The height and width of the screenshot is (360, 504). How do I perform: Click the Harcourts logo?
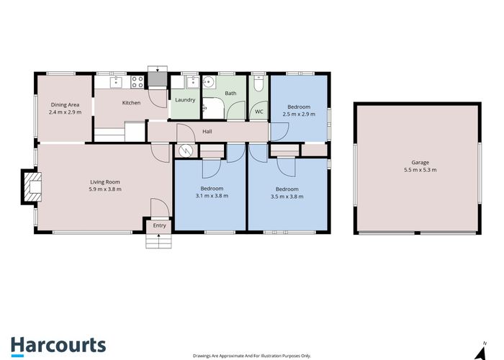tap(58, 345)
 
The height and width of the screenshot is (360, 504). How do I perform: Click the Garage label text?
tap(420, 163)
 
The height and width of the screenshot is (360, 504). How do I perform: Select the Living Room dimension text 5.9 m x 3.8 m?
tap(105, 189)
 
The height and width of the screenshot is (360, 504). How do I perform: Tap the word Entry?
tap(160, 225)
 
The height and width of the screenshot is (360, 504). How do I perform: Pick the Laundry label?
tap(185, 100)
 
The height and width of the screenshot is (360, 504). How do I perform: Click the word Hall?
tap(207, 132)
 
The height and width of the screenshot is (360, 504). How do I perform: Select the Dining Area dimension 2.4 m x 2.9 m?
tap(64, 112)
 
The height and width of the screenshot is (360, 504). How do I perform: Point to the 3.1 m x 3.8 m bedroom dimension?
tap(212, 195)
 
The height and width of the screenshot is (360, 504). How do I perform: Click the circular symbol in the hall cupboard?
tap(186, 150)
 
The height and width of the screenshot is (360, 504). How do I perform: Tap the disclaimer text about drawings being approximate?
tap(251, 356)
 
